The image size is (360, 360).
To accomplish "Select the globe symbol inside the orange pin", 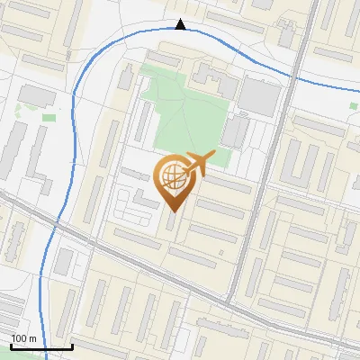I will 171,177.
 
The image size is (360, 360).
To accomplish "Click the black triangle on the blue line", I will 181,24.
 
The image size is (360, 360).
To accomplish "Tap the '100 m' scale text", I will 23,337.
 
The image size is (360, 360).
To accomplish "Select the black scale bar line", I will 40,346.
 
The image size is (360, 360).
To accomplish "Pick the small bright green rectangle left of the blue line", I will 49,116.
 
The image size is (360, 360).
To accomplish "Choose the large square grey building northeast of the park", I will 258,96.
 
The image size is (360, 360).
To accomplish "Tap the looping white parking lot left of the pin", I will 135,205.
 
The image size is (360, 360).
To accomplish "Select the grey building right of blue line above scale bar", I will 64,262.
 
